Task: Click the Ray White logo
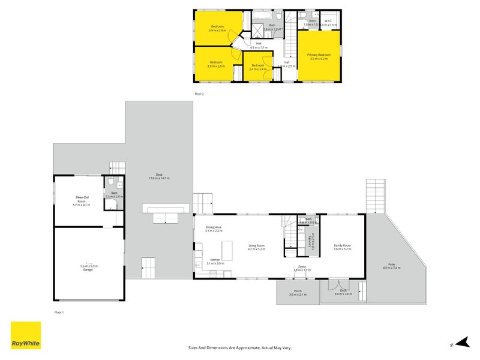pyautogui.click(x=26, y=335)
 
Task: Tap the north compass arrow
pyautogui.click(x=460, y=342)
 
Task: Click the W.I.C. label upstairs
pyautogui.click(x=328, y=22)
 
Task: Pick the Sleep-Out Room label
pyautogui.click(x=81, y=200)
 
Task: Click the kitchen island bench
pyautogui.click(x=227, y=248)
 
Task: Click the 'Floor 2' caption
pyautogui.click(x=199, y=94)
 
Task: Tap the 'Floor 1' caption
pyautogui.click(x=59, y=312)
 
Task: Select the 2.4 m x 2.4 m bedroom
pyautogui.click(x=258, y=67)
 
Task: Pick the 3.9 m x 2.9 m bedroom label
pyautogui.click(x=217, y=28)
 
